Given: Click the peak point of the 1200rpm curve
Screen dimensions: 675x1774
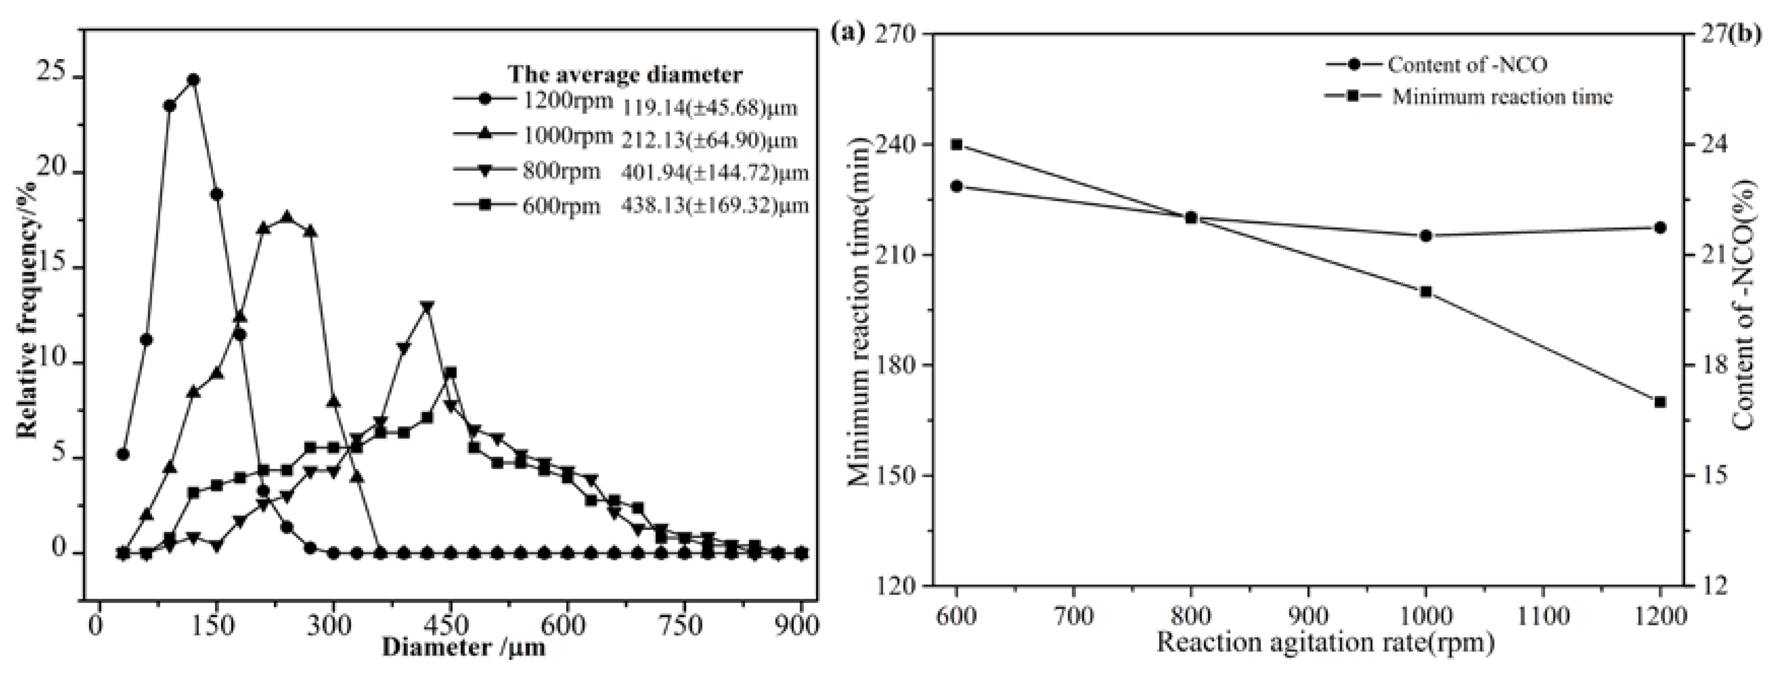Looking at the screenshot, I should tap(194, 80).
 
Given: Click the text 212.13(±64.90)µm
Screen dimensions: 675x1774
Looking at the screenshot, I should tap(709, 140).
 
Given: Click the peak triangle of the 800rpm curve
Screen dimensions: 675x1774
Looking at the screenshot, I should tap(427, 307).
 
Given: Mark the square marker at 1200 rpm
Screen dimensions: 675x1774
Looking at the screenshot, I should tap(1660, 402).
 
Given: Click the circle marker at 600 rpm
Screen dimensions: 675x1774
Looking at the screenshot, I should tap(956, 186).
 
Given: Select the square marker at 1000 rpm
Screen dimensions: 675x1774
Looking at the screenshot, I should tap(1425, 291).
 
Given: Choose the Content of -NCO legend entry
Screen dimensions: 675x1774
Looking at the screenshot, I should tap(1439, 65).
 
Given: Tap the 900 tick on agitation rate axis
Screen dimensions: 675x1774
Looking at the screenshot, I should tap(1309, 615).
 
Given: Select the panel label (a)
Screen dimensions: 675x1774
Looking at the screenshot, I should tap(848, 33).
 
